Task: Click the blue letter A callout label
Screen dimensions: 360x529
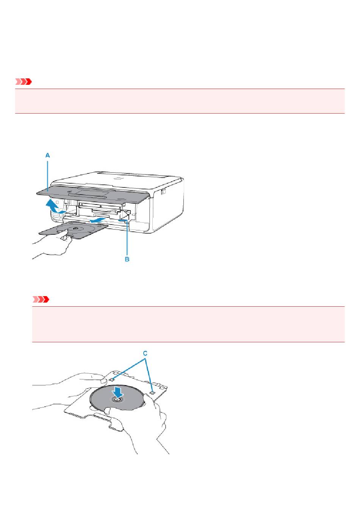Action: click(47, 155)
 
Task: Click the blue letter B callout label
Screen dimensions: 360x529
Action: click(127, 259)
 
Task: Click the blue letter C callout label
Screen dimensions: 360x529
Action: click(145, 353)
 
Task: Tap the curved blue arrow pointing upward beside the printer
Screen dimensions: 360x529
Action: click(54, 206)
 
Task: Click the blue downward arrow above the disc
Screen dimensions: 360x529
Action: click(117, 392)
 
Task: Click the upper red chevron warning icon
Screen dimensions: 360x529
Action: click(23, 82)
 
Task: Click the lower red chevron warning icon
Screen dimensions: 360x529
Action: click(41, 300)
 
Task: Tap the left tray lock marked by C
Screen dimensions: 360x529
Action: click(113, 380)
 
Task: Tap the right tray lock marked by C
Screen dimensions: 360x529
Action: click(152, 392)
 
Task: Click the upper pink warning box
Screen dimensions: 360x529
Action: click(180, 101)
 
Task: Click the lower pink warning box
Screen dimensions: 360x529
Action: click(188, 324)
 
